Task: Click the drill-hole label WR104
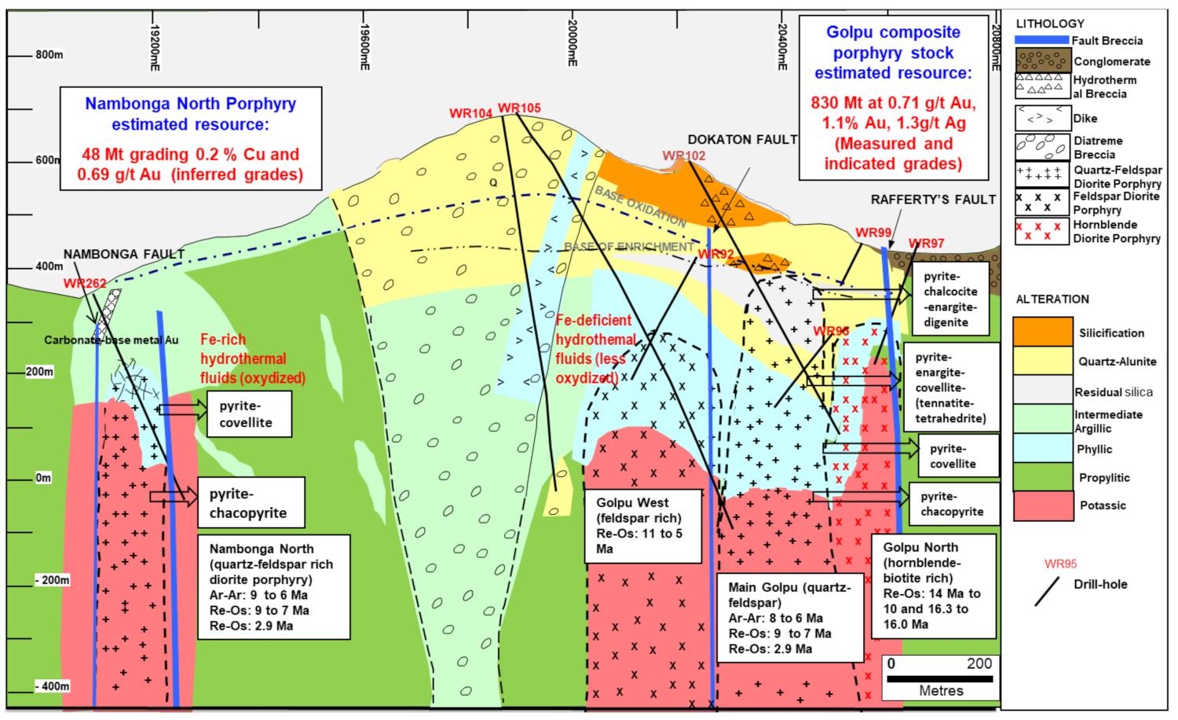point(470,113)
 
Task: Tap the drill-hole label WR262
point(85,284)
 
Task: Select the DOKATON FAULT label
point(742,140)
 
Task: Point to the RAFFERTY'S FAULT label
point(933,200)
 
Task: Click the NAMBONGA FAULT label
point(124,255)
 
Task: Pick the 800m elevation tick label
point(49,55)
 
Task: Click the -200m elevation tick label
point(53,580)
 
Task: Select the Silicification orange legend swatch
point(1043,332)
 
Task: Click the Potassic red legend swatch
point(1043,505)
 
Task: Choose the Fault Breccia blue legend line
point(1042,40)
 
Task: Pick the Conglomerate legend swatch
point(1043,61)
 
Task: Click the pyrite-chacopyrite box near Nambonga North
point(251,503)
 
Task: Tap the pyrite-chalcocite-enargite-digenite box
point(950,299)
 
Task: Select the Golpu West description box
point(643,526)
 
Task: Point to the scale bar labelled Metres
point(940,678)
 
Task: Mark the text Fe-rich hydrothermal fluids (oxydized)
point(252,359)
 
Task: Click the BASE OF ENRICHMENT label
point(628,247)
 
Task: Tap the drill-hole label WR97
point(926,244)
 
